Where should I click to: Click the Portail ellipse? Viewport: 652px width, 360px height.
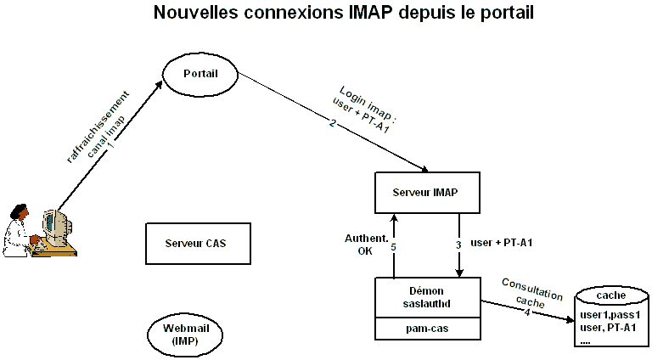pos(200,74)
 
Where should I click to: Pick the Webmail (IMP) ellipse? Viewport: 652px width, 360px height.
pos(185,334)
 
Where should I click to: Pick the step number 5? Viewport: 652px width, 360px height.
pos(394,248)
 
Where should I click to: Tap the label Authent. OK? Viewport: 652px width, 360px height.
pos(359,244)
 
